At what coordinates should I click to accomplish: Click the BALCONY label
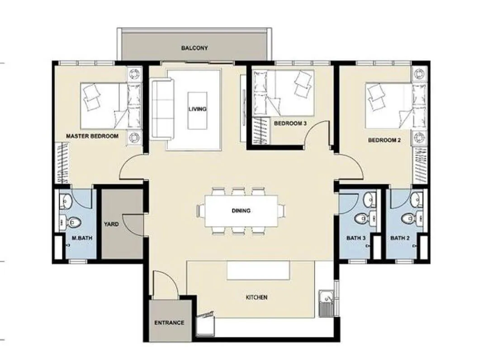[x=194, y=48]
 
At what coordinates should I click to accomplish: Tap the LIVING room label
[x=198, y=109]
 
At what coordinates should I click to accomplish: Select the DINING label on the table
[x=241, y=211]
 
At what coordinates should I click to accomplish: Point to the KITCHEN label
[x=256, y=298]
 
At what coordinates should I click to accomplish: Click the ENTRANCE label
[x=169, y=323]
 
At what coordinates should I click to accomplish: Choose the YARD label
[x=111, y=224]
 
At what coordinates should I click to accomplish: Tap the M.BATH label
[x=82, y=238]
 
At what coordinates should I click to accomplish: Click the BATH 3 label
[x=356, y=238]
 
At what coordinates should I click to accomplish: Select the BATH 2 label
[x=400, y=238]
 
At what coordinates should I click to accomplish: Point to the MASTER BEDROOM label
[x=92, y=136]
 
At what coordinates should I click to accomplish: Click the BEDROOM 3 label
[x=290, y=123]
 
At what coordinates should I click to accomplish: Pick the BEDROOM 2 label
[x=384, y=140]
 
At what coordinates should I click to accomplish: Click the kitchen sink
[x=326, y=303]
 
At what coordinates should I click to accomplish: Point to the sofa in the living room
[x=162, y=110]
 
